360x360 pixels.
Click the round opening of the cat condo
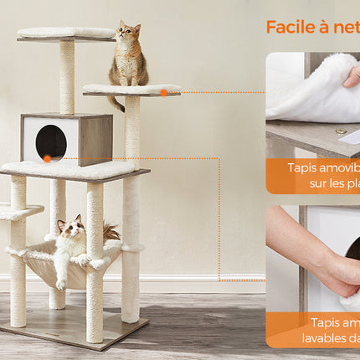click(x=51, y=141)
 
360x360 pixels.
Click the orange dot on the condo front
click(x=48, y=158)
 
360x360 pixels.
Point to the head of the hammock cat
click(x=71, y=227)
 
